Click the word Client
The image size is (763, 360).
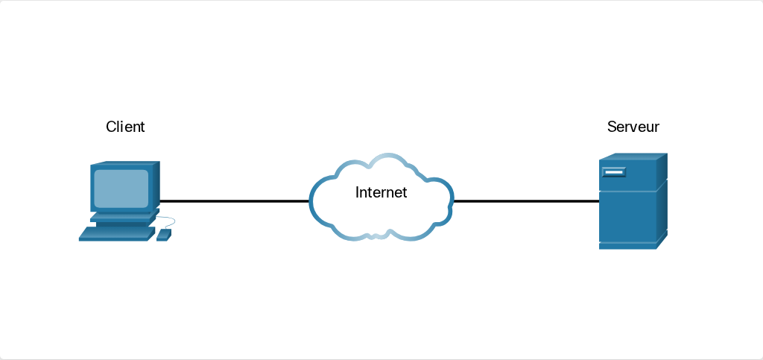click(125, 127)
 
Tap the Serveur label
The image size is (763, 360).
click(633, 127)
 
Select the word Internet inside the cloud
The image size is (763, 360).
click(381, 192)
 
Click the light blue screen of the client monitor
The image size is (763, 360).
click(121, 189)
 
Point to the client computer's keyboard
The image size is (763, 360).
click(117, 234)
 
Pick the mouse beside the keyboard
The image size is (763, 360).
click(163, 236)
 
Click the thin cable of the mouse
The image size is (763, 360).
click(168, 221)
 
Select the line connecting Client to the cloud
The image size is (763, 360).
click(235, 200)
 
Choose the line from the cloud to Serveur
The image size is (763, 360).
click(526, 200)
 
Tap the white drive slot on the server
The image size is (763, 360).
click(614, 171)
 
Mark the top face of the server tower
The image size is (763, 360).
click(633, 157)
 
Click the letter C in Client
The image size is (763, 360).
click(111, 127)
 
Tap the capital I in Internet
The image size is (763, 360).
click(357, 192)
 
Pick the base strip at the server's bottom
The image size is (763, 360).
click(627, 246)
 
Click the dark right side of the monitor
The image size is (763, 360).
click(156, 184)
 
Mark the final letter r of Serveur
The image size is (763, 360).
click(657, 128)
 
